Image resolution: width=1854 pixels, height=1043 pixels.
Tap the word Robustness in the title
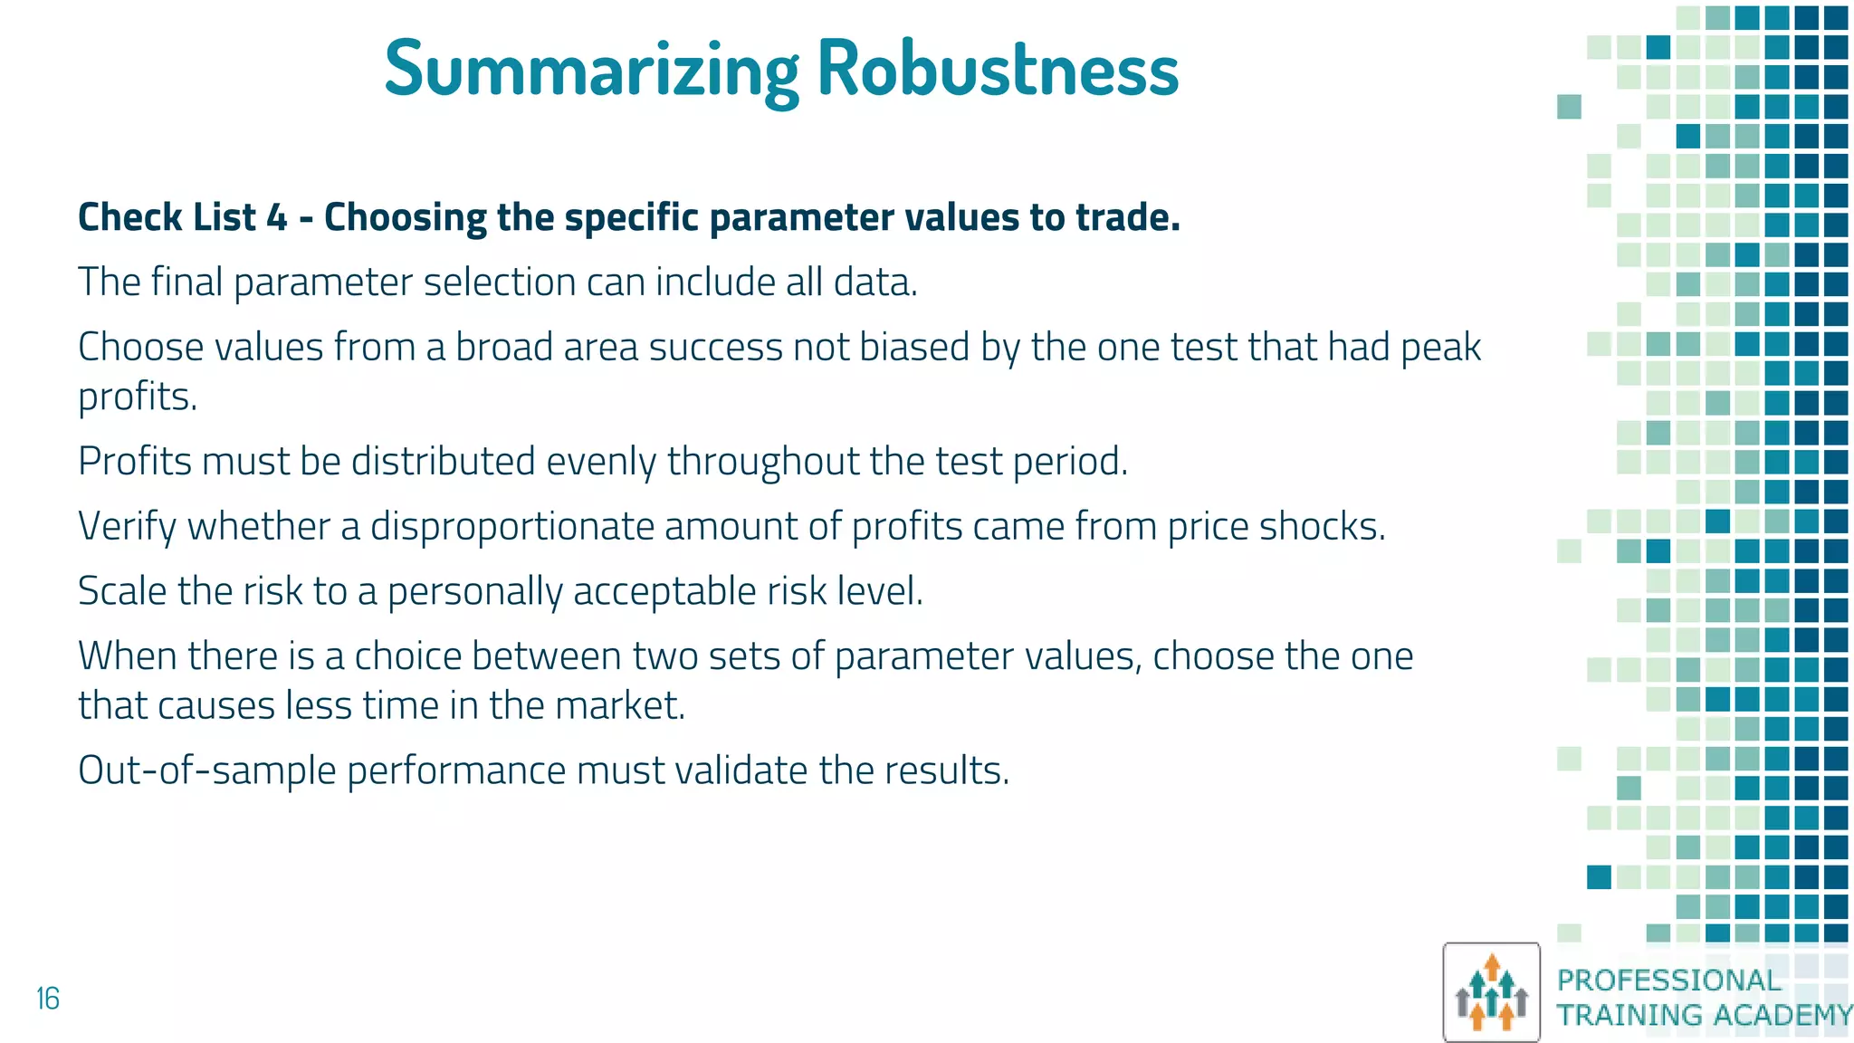(x=998, y=69)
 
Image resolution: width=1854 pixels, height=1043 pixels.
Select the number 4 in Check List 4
(x=277, y=217)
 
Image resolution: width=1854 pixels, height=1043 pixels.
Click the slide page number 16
(x=48, y=999)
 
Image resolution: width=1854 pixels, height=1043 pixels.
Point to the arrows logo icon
(x=1491, y=992)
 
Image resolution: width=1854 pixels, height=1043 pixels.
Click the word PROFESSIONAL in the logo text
(x=1668, y=980)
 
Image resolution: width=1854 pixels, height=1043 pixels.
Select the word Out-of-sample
(x=206, y=770)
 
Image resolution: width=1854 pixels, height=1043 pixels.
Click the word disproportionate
(x=511, y=526)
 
